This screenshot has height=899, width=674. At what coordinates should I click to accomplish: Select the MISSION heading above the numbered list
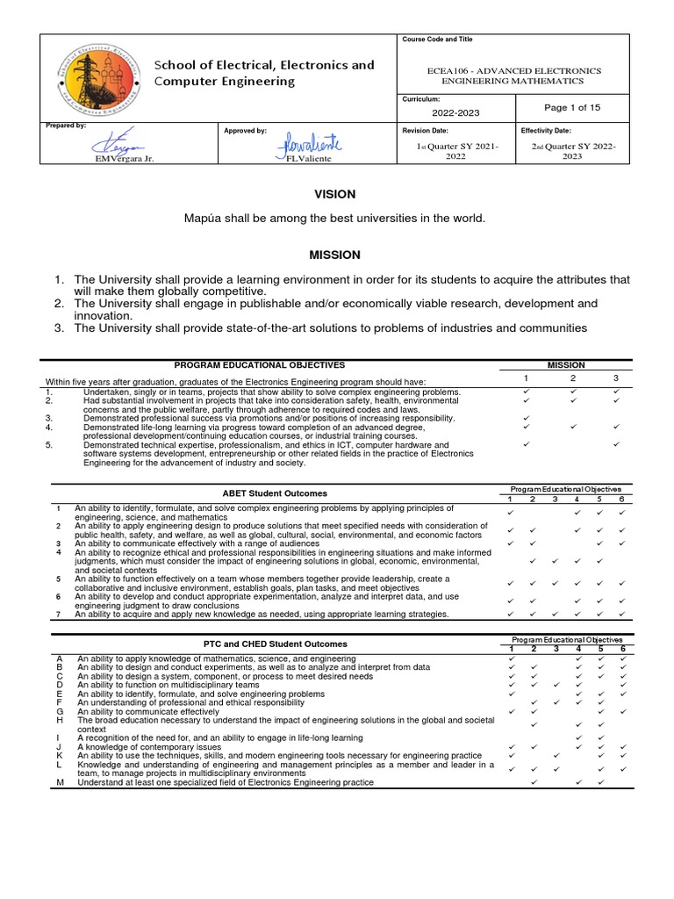(x=333, y=255)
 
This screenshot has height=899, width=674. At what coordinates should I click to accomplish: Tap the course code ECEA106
(x=452, y=70)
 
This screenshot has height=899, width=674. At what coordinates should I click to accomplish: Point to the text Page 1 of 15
(x=572, y=108)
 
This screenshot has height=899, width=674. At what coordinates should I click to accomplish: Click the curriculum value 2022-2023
(x=455, y=113)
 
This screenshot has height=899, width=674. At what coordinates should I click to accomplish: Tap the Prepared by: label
(x=66, y=126)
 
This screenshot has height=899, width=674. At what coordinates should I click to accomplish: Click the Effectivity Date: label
(x=546, y=130)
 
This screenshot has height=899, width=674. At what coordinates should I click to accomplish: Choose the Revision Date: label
(x=426, y=130)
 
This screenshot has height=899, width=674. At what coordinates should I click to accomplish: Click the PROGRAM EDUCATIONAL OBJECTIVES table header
(x=259, y=364)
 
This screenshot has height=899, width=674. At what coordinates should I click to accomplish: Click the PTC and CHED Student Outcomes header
(x=272, y=644)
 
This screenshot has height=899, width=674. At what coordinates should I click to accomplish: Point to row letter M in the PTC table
(x=59, y=781)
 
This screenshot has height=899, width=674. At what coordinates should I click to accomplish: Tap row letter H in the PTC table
(x=59, y=720)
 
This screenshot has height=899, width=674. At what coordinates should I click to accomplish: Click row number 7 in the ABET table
(x=59, y=614)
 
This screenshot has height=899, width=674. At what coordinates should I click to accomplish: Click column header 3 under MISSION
(x=617, y=377)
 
